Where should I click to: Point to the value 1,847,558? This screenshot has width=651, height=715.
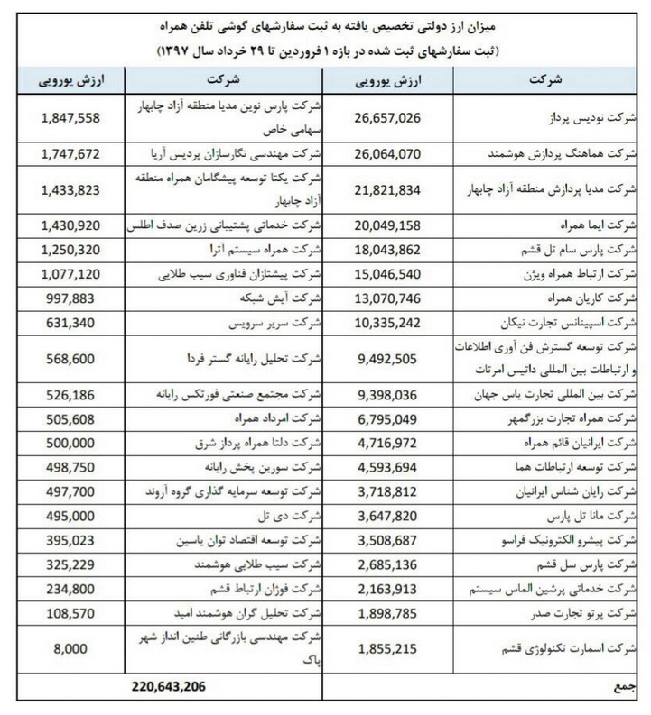pos(76,118)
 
